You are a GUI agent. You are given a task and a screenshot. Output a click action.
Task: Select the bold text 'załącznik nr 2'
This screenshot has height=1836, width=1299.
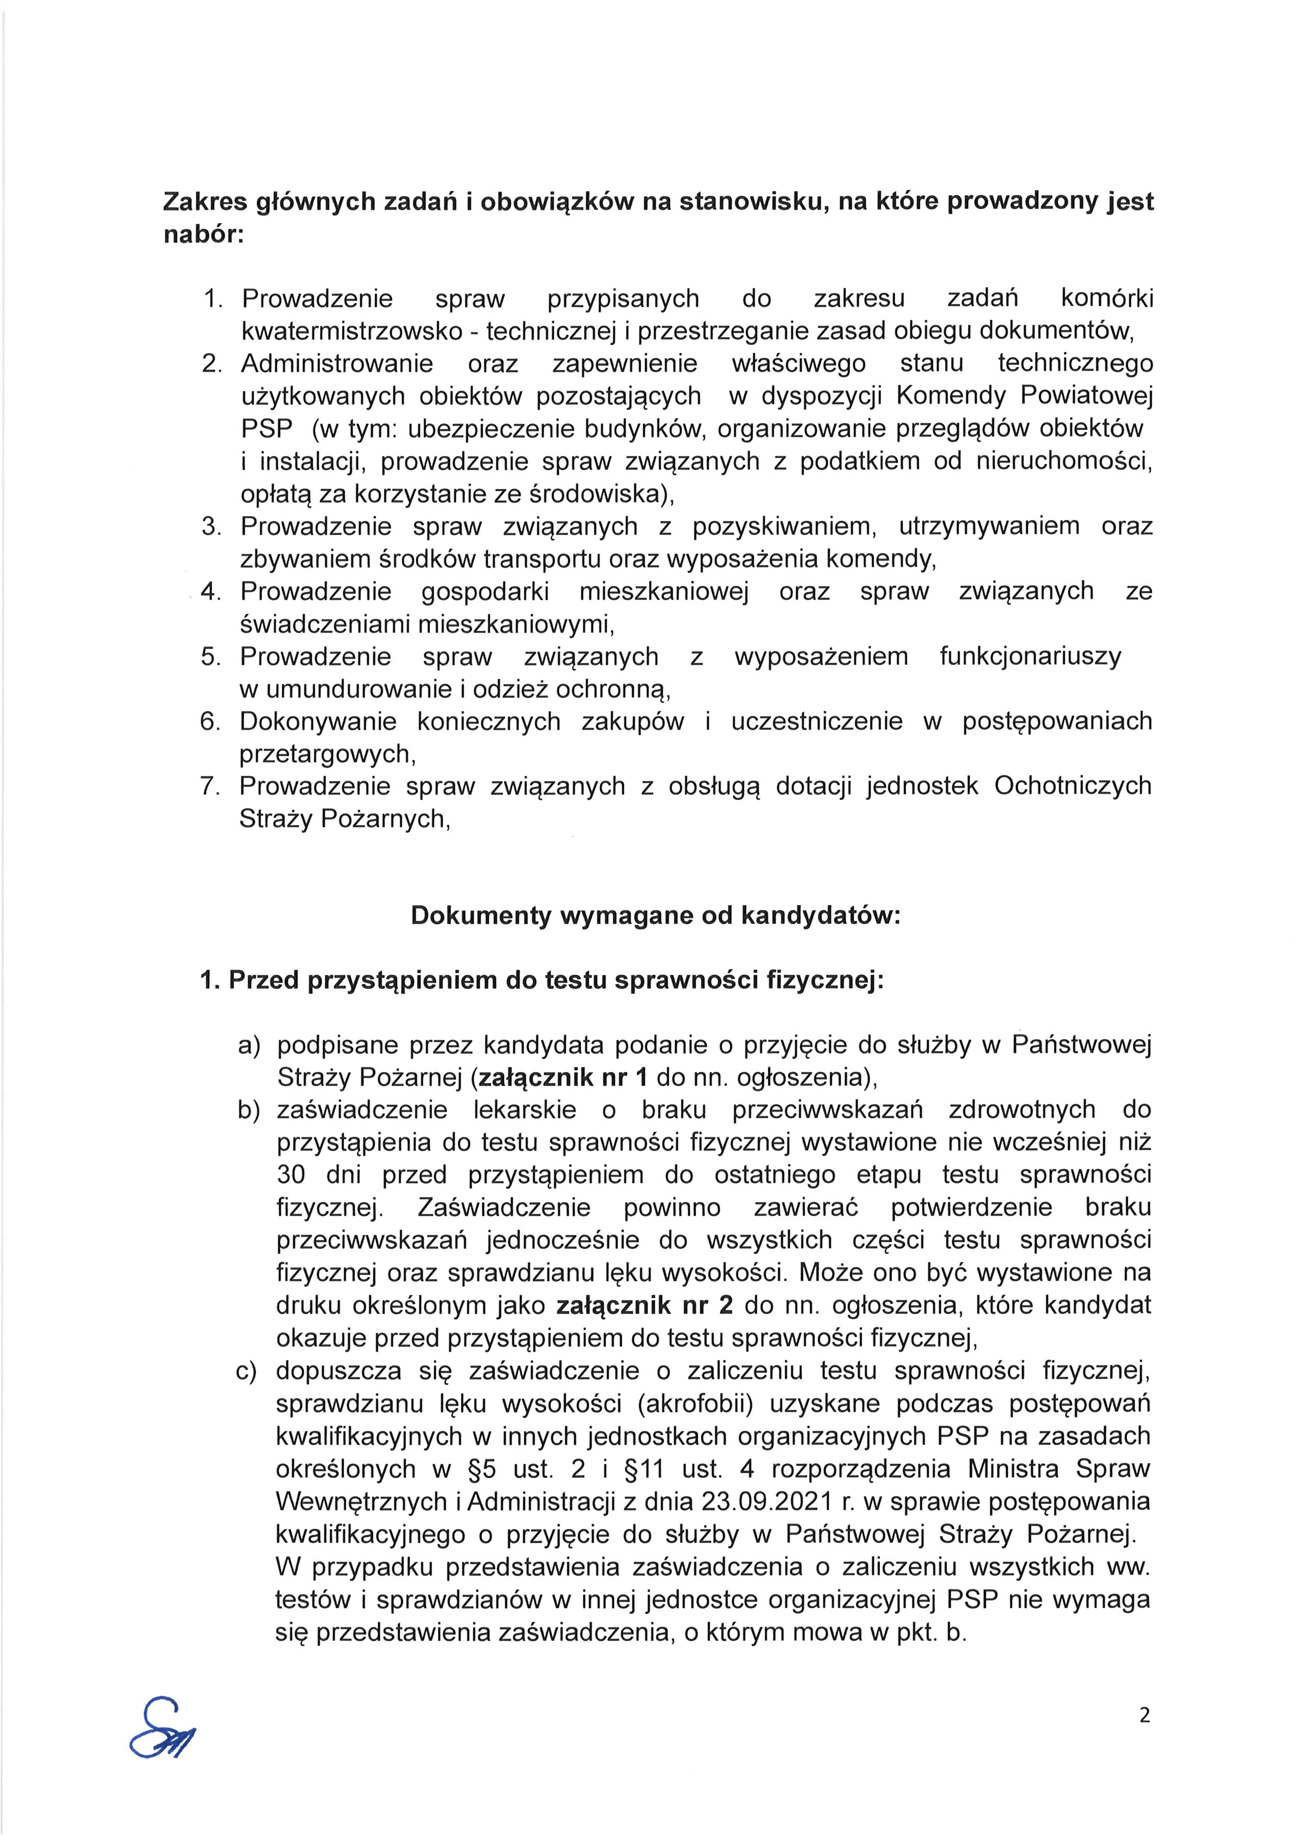[x=645, y=1306]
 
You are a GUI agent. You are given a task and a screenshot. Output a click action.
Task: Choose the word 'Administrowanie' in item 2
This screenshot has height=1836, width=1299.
[x=337, y=364]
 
